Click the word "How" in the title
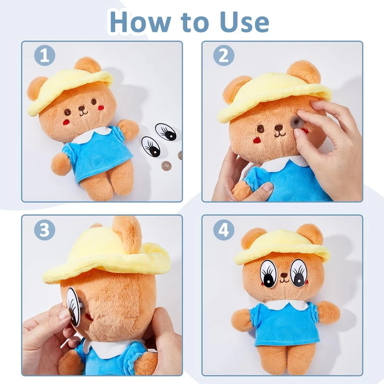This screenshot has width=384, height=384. (x=140, y=22)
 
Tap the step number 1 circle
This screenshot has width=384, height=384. (x=45, y=55)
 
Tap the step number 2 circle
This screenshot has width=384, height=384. (x=224, y=55)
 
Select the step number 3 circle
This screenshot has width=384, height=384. (x=45, y=230)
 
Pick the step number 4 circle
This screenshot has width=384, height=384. (x=224, y=230)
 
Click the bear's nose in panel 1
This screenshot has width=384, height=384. (x=82, y=108)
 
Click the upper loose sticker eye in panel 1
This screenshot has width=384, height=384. (x=166, y=131)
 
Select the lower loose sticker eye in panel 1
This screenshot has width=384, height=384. (x=151, y=146)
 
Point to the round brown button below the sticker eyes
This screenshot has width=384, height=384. (x=166, y=166)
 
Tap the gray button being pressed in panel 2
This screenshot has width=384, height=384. (x=297, y=122)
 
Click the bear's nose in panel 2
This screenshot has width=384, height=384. (x=278, y=128)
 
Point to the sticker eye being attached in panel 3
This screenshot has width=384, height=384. (x=73, y=307)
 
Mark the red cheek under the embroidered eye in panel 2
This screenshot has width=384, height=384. (x=257, y=140)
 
